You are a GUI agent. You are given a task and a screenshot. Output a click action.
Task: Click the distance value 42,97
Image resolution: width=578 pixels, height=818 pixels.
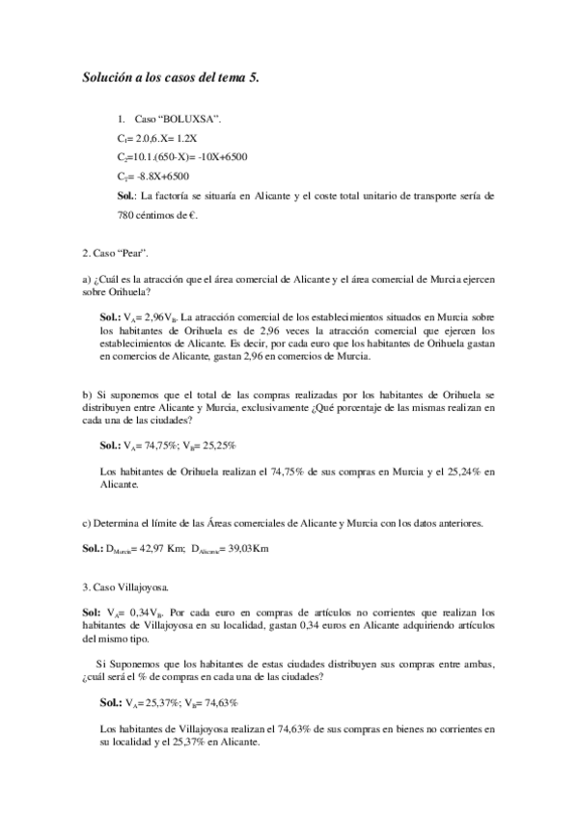(x=150, y=549)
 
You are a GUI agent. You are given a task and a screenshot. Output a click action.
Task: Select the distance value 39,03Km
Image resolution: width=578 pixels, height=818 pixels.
(x=247, y=549)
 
